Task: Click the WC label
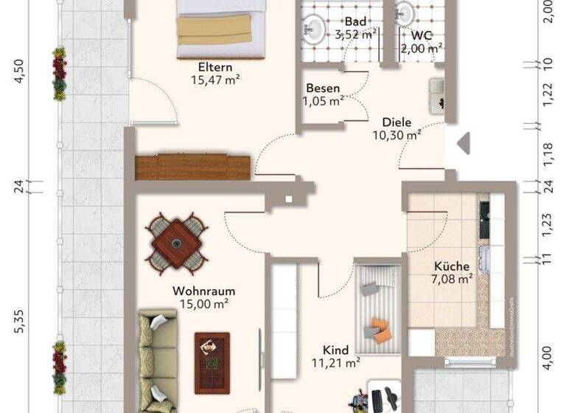(x=421, y=35)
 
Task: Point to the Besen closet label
(x=323, y=88)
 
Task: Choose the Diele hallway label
(x=396, y=122)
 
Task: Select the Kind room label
(x=335, y=350)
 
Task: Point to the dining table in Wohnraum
(x=176, y=241)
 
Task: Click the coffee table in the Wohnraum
(x=212, y=352)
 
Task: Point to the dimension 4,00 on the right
(x=546, y=363)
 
